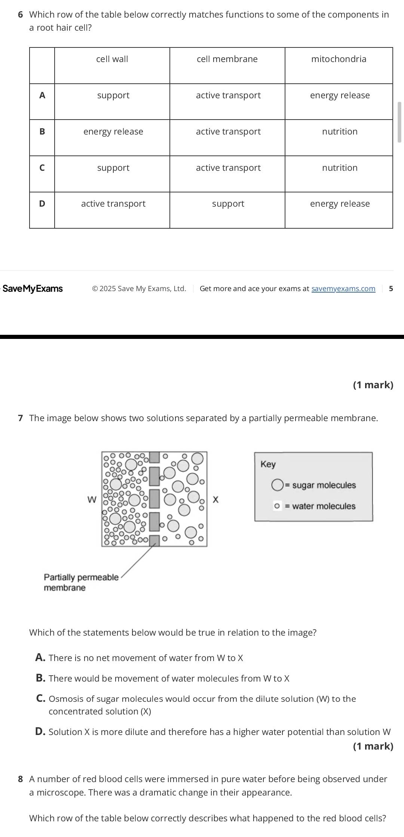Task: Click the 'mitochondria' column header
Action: [x=339, y=59]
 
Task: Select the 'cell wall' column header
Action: [x=112, y=59]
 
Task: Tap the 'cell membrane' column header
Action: [x=227, y=59]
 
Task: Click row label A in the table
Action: [x=42, y=95]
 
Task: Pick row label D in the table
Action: [x=42, y=204]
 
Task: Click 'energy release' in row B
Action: [x=113, y=132]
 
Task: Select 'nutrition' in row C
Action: [x=340, y=168]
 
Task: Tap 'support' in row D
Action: [x=228, y=204]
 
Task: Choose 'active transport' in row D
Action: [x=113, y=204]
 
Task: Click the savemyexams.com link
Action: [x=343, y=288]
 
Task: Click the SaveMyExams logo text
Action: [x=33, y=288]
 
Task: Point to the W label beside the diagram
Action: [x=92, y=500]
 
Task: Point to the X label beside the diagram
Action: [x=215, y=500]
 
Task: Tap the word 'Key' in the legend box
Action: [x=268, y=464]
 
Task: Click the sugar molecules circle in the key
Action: [x=277, y=485]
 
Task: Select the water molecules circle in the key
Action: [x=277, y=506]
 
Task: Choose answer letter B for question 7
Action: [x=40, y=678]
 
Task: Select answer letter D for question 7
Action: [x=40, y=732]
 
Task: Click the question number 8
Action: [x=21, y=779]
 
